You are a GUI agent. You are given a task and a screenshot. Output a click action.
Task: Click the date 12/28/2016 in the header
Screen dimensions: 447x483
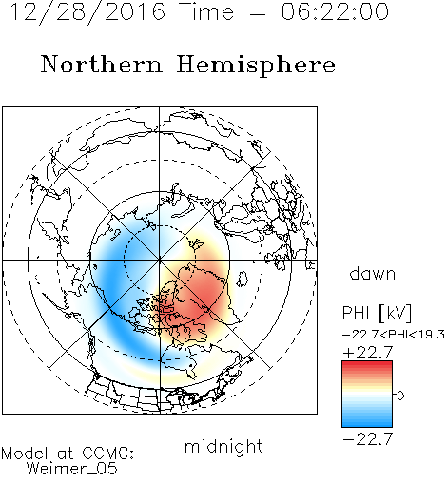click(87, 12)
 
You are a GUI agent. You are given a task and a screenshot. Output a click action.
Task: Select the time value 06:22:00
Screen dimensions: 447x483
click(335, 11)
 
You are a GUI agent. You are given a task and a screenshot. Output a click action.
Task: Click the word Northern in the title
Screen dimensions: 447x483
click(102, 64)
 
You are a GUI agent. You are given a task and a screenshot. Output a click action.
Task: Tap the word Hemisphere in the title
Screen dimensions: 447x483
click(256, 66)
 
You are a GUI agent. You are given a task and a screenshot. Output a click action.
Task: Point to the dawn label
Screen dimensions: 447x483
click(373, 273)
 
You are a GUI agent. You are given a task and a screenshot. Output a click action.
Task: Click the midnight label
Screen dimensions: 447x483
click(223, 446)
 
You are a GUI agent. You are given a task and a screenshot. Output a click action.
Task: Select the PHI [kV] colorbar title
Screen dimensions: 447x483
click(377, 313)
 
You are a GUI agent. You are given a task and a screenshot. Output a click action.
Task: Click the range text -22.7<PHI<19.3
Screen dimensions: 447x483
click(394, 335)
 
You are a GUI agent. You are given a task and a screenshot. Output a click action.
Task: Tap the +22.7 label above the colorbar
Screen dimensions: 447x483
click(368, 353)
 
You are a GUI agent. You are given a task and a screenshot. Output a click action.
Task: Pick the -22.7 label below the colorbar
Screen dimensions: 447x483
click(368, 439)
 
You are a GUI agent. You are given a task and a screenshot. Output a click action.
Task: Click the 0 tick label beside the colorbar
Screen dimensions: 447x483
click(400, 396)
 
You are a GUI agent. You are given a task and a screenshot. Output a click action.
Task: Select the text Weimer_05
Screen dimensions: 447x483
click(71, 469)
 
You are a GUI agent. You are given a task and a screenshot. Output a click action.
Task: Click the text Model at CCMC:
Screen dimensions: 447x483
click(68, 454)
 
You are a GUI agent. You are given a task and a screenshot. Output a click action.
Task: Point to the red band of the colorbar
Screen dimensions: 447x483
click(367, 368)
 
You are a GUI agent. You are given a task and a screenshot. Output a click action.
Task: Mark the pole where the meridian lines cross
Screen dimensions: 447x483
click(160, 260)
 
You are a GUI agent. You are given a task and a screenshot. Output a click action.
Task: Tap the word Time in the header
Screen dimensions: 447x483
click(206, 11)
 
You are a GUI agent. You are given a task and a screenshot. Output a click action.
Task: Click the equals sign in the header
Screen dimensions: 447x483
click(258, 12)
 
